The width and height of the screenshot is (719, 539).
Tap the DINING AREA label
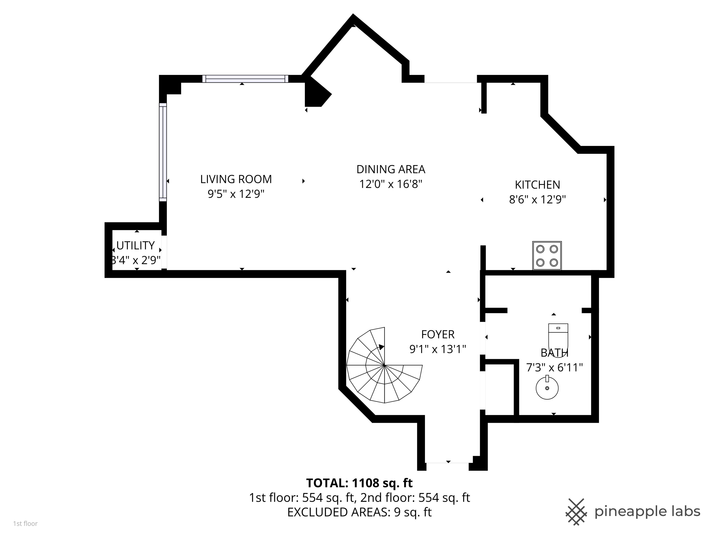391,169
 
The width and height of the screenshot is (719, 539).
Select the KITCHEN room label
537,184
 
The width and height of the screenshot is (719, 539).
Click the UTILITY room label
136,245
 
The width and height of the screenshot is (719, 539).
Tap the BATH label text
554,353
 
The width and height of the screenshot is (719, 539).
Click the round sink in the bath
547,387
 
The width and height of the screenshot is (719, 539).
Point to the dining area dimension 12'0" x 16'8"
391,184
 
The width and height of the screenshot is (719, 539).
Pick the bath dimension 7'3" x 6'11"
554,367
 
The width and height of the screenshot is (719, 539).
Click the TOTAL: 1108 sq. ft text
359,483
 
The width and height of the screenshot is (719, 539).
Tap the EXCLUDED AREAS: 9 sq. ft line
359,512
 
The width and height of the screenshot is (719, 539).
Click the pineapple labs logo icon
576,512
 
